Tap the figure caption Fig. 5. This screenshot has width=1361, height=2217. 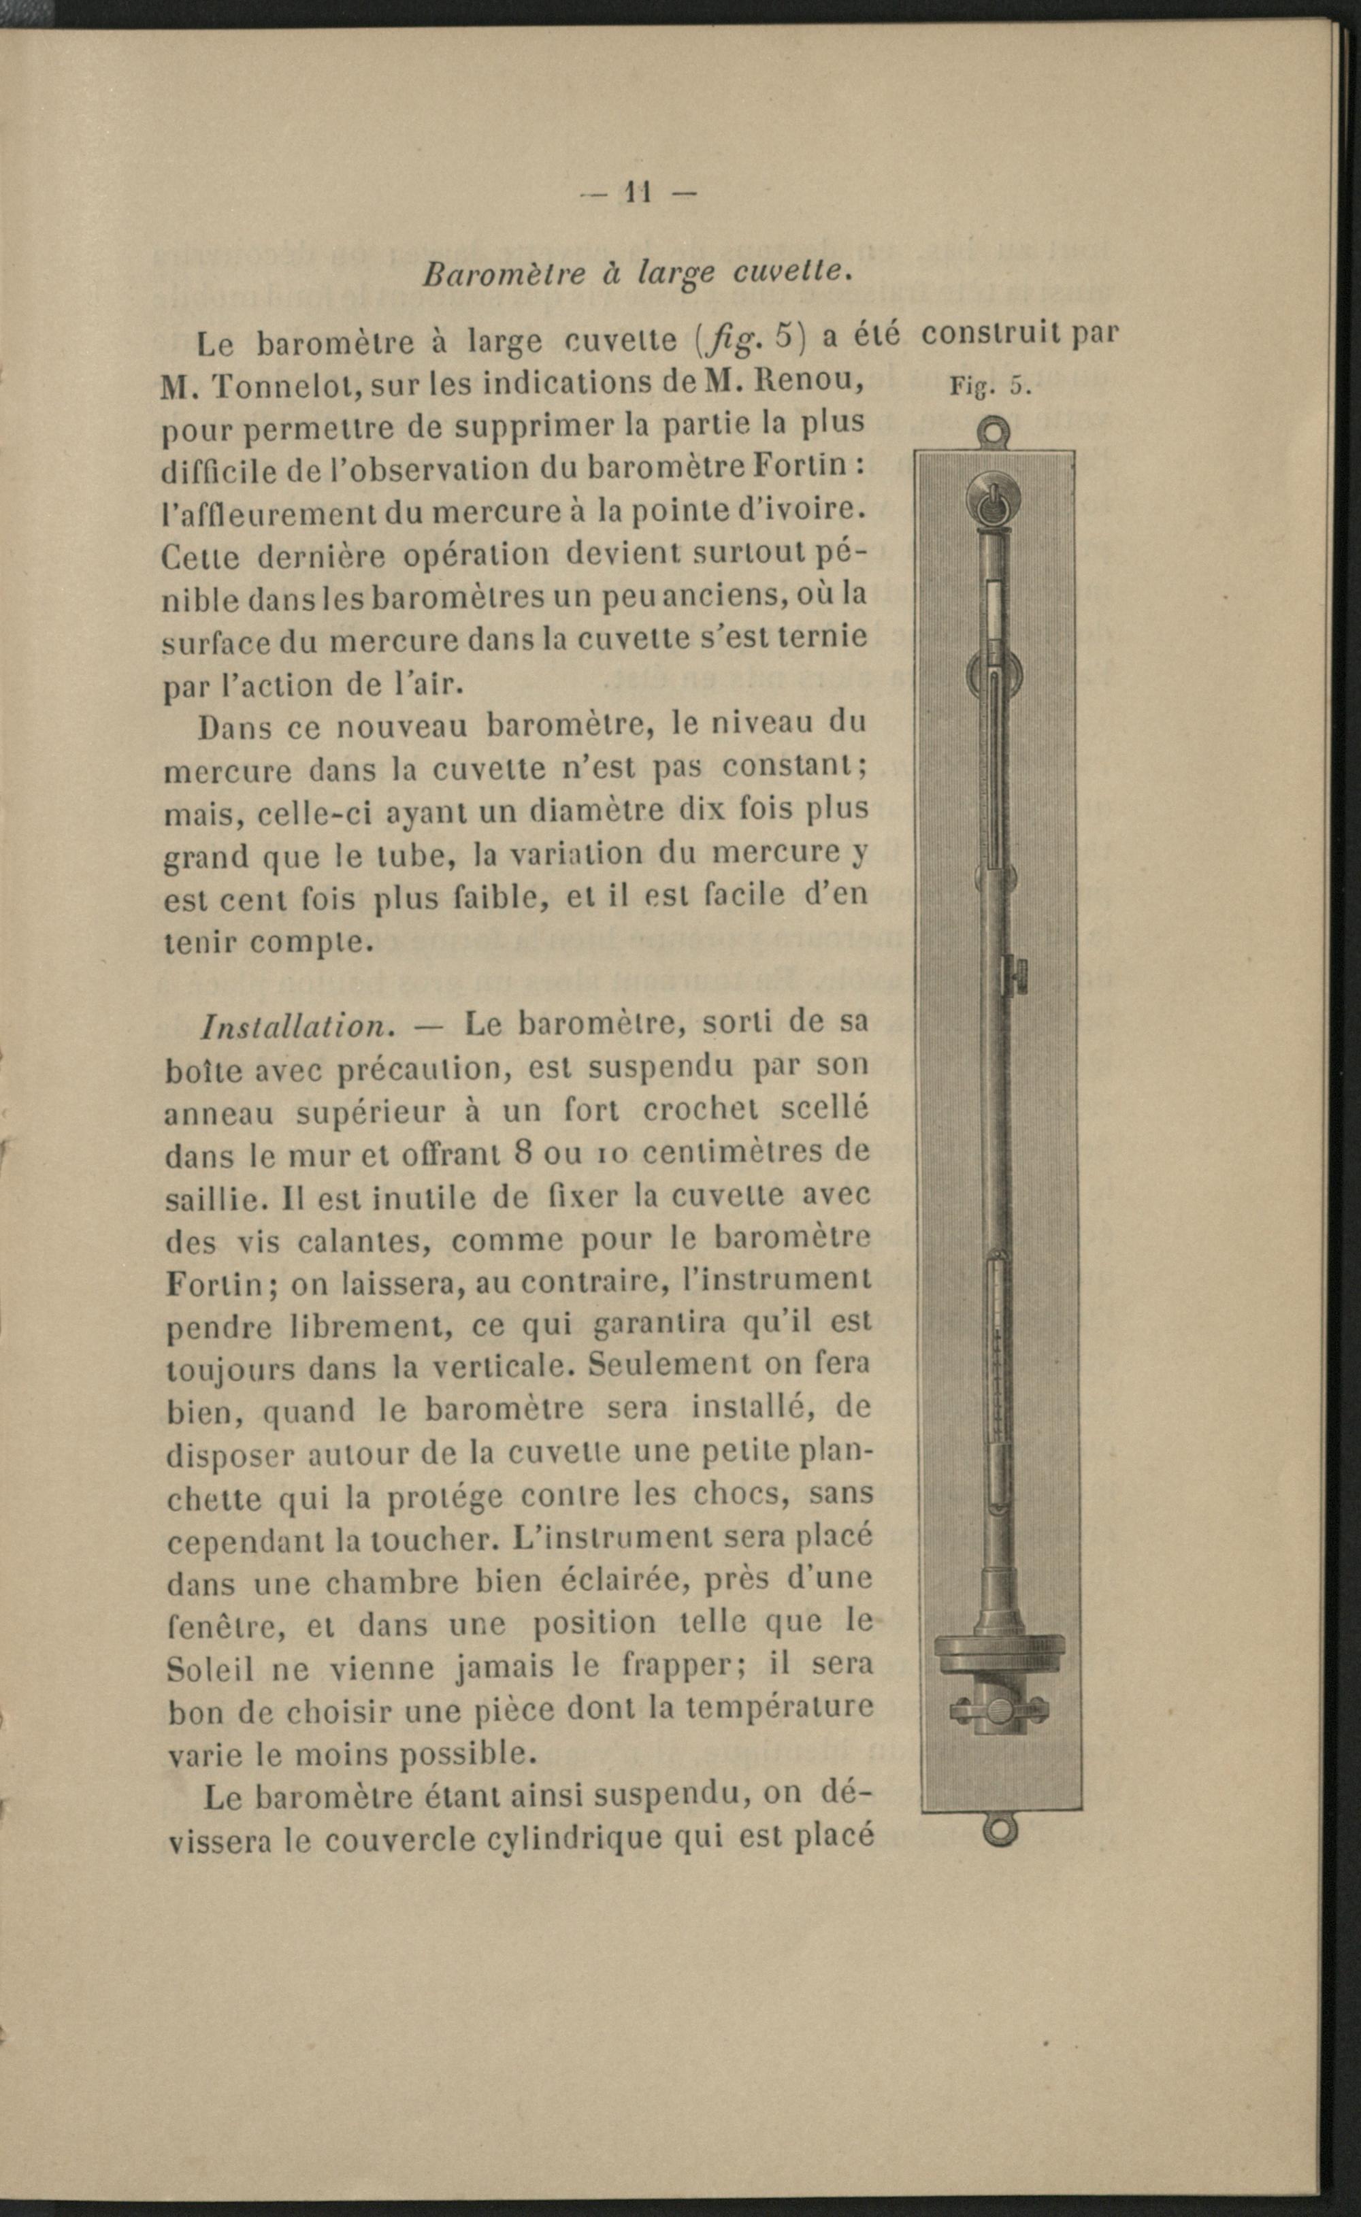[x=987, y=387]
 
